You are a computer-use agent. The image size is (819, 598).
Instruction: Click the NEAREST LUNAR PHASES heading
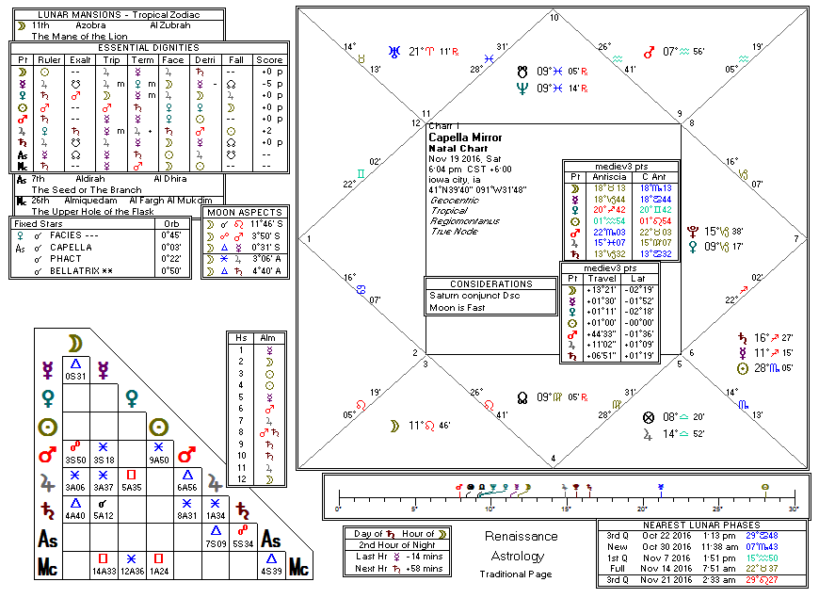point(701,525)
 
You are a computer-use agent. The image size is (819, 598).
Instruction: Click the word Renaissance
point(520,536)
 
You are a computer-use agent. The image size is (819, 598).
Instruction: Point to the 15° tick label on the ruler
point(567,509)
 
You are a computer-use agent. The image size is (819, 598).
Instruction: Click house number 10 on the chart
point(554,17)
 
